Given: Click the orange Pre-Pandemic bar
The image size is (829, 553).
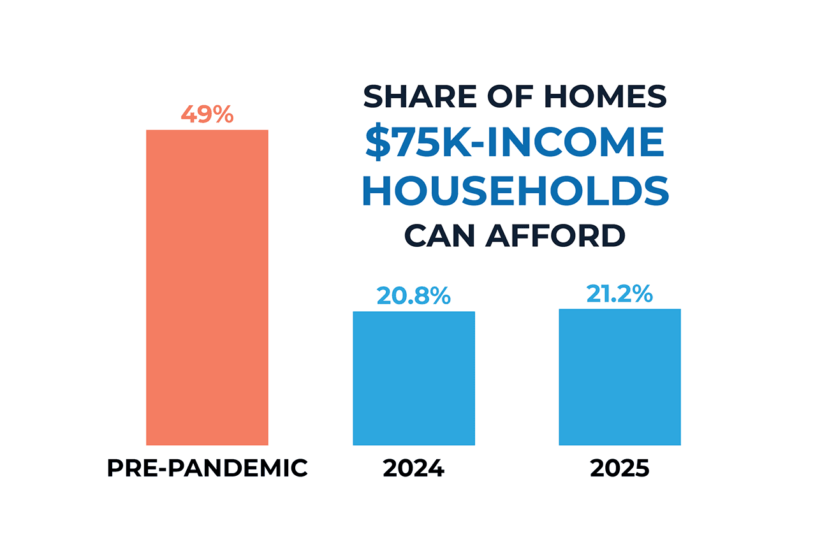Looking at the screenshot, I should tap(207, 287).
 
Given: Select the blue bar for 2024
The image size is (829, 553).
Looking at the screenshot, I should tap(414, 378).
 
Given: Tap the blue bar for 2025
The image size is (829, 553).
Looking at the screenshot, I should tap(620, 377).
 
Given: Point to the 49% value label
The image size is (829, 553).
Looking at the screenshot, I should tap(207, 115).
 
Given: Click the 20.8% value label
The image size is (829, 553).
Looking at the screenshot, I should tap(414, 296).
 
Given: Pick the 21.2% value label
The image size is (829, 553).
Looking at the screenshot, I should tap(620, 294).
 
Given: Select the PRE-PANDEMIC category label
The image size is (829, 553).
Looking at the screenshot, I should tap(207, 469).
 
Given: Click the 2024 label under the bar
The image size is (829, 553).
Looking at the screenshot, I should tap(414, 469).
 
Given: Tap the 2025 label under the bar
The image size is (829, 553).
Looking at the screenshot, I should tap(620, 469).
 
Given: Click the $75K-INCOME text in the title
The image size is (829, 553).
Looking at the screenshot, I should tap(515, 144).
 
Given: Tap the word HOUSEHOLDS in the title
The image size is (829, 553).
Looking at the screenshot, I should tap(515, 191).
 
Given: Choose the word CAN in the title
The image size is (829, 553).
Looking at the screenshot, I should tap(441, 236).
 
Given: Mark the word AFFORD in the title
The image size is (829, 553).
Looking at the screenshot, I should tap(555, 236).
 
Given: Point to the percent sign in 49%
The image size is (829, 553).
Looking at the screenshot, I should tap(223, 115).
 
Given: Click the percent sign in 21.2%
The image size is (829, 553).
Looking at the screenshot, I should tap(641, 294).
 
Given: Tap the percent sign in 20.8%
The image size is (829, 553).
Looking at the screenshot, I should tap(439, 296).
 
